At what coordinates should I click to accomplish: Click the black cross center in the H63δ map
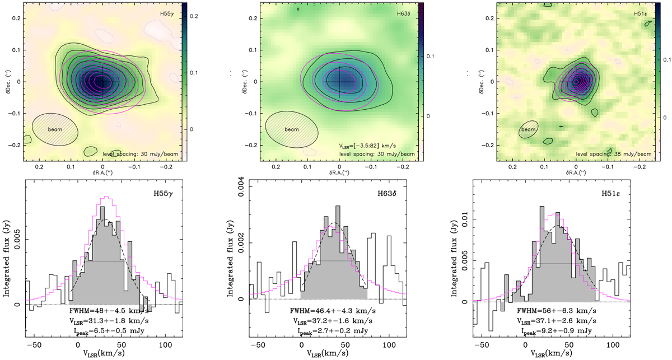tap(339, 82)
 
